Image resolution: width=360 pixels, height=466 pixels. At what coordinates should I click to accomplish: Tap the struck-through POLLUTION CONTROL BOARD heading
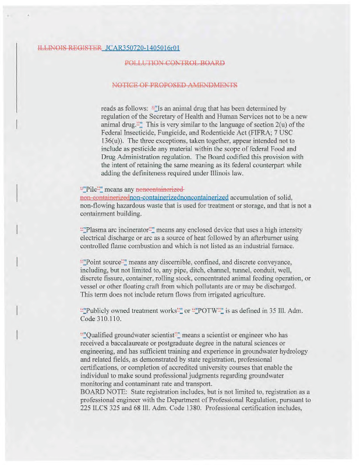(175, 63)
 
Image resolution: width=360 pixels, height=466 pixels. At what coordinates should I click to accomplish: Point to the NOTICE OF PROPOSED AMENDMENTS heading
(175, 85)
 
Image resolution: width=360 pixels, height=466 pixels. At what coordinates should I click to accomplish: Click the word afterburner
(253, 238)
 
